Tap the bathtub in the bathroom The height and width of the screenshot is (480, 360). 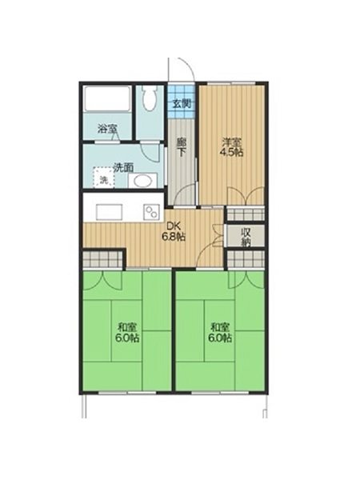click(x=107, y=98)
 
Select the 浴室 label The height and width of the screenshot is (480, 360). click(x=107, y=129)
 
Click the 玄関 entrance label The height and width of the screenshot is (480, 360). click(x=182, y=104)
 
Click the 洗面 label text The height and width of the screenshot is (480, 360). click(x=123, y=167)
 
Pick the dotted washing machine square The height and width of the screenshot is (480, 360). click(x=104, y=177)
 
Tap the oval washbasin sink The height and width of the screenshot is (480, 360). click(x=142, y=181)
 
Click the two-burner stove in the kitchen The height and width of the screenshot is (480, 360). click(x=151, y=211)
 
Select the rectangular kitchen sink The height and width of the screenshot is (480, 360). click(x=110, y=211)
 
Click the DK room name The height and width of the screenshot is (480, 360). click(x=174, y=226)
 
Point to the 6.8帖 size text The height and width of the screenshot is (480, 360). click(x=174, y=237)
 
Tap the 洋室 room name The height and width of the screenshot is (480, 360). click(x=232, y=142)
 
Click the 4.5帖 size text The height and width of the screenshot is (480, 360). click(x=232, y=153)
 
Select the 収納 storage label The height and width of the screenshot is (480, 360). click(x=246, y=237)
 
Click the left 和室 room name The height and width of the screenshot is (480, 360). click(x=128, y=327)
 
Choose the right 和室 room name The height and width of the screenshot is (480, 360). click(x=219, y=327)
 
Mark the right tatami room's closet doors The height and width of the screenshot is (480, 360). click(x=246, y=279)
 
